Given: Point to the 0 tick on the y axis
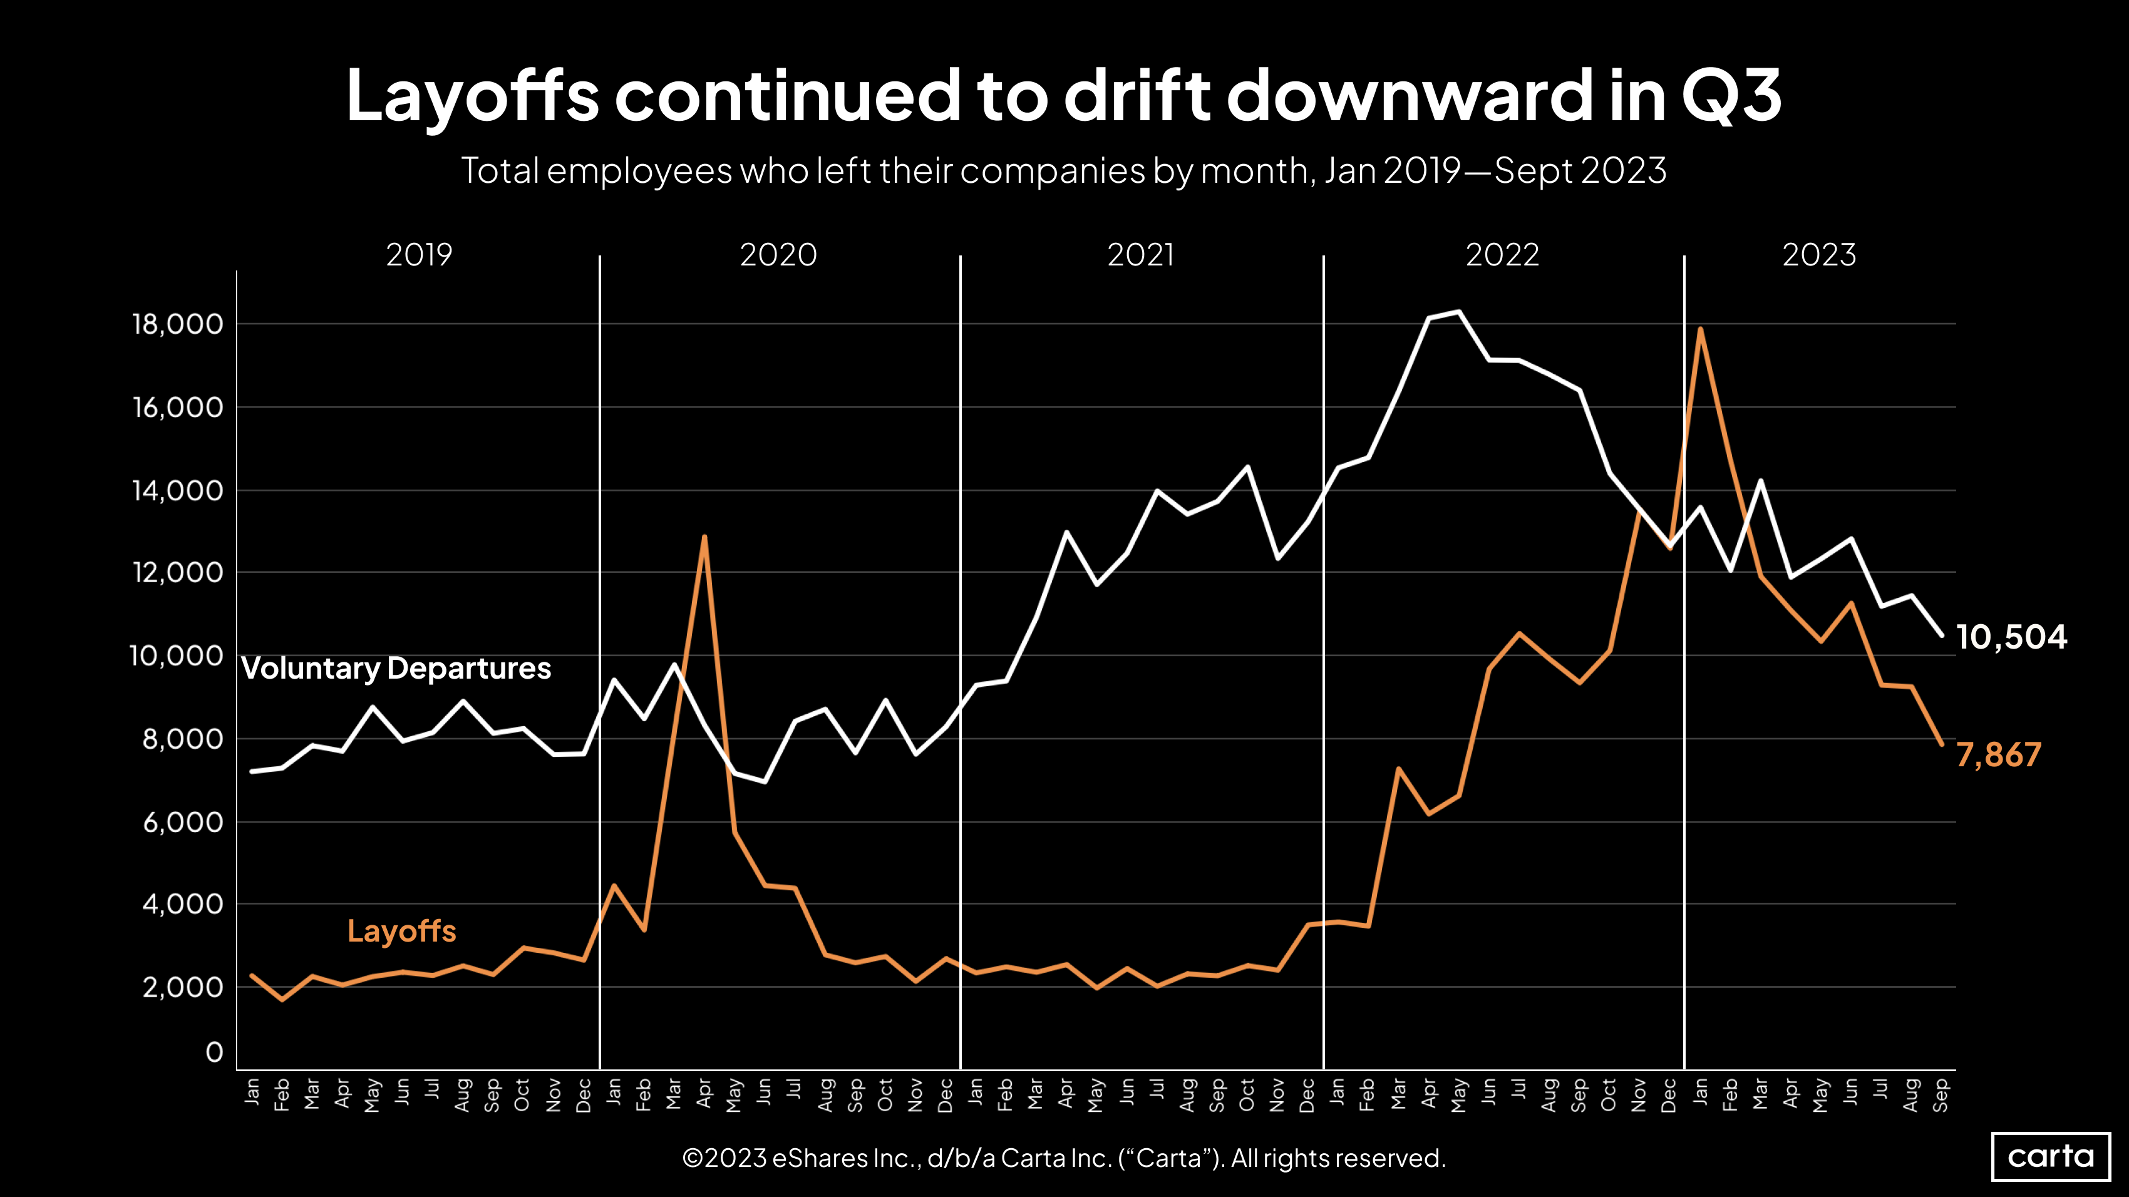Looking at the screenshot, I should coord(214,1052).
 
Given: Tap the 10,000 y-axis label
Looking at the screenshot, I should coord(176,656).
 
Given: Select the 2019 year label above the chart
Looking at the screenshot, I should coord(419,254).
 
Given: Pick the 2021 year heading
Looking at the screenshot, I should coord(1140,254).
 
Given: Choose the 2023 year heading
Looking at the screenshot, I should coord(1819,254).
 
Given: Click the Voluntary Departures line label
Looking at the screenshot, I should coord(396,669).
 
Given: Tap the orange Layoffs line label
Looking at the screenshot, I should coord(401,931).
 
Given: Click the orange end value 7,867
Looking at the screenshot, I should coord(1998,755).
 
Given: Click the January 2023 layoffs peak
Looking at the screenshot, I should coord(1700,329).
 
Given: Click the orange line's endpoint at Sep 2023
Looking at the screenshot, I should coord(1941,744).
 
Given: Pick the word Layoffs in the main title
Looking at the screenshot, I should coord(472,96).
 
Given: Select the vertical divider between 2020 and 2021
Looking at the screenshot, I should coord(961,661).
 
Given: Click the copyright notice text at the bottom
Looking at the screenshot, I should coord(1064,1158).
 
